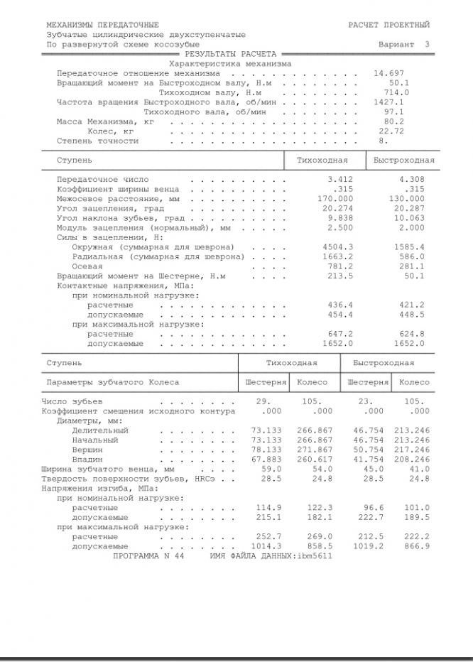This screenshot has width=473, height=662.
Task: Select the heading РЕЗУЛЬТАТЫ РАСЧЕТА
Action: click(230, 54)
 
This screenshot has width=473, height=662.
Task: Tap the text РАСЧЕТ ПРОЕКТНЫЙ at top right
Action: click(388, 25)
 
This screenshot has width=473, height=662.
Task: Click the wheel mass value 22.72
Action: click(391, 131)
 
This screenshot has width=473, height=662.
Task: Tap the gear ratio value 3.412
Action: click(339, 180)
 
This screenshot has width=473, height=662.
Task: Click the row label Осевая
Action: click(87, 266)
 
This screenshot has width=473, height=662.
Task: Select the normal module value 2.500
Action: click(339, 228)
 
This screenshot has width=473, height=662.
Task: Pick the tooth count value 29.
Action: click(263, 401)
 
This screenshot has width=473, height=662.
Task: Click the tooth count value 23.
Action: click(365, 401)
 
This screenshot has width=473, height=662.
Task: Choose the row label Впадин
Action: click(87, 460)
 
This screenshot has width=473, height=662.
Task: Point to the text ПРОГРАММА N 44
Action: click(148, 556)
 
